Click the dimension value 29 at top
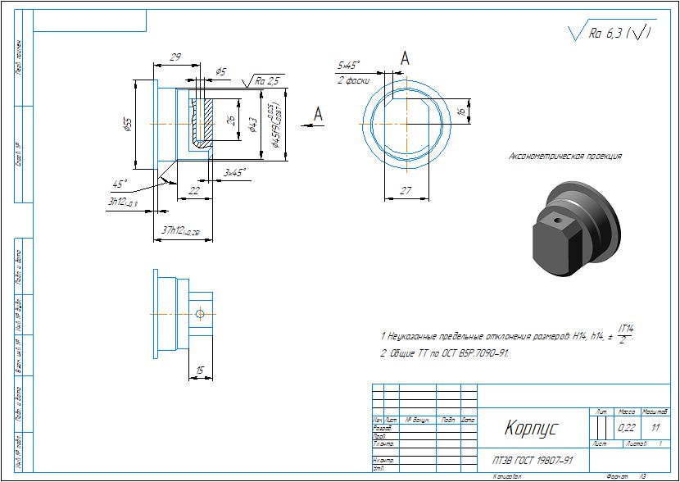(175, 57)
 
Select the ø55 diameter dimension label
(128, 124)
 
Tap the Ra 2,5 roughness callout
(267, 80)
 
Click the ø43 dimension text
(253, 124)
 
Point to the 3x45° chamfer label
(235, 172)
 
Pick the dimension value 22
(194, 189)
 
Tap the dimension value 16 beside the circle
(461, 111)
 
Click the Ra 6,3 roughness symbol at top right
(610, 32)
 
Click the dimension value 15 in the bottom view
(200, 371)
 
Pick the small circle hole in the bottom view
(200, 313)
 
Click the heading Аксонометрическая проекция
(565, 155)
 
